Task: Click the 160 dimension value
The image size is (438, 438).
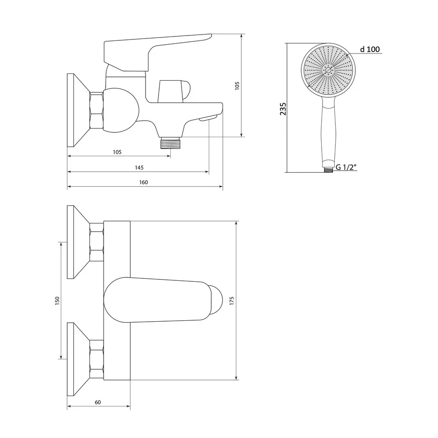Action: click(143, 182)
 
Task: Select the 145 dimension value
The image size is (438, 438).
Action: click(139, 167)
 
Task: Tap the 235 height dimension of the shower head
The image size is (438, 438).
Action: click(283, 109)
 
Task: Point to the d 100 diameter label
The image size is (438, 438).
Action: click(370, 49)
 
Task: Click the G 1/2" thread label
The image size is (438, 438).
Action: click(346, 167)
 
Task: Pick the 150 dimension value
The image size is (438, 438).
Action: click(57, 301)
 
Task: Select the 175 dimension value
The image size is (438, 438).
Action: click(232, 301)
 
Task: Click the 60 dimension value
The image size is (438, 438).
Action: click(98, 402)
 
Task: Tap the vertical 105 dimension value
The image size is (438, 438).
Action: click(237, 86)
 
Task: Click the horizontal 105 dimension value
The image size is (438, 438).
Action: click(117, 152)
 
